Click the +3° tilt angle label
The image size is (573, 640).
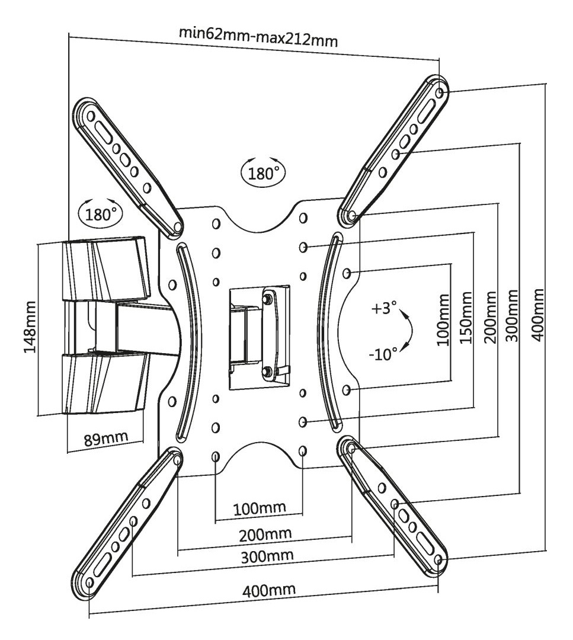(x=384, y=310)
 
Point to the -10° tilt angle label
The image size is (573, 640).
(x=383, y=354)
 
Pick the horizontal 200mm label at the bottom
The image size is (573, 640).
(x=265, y=534)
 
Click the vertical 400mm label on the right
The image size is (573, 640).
(x=537, y=315)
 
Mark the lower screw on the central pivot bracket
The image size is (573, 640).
(x=267, y=371)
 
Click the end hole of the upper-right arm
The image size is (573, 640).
(x=438, y=94)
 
